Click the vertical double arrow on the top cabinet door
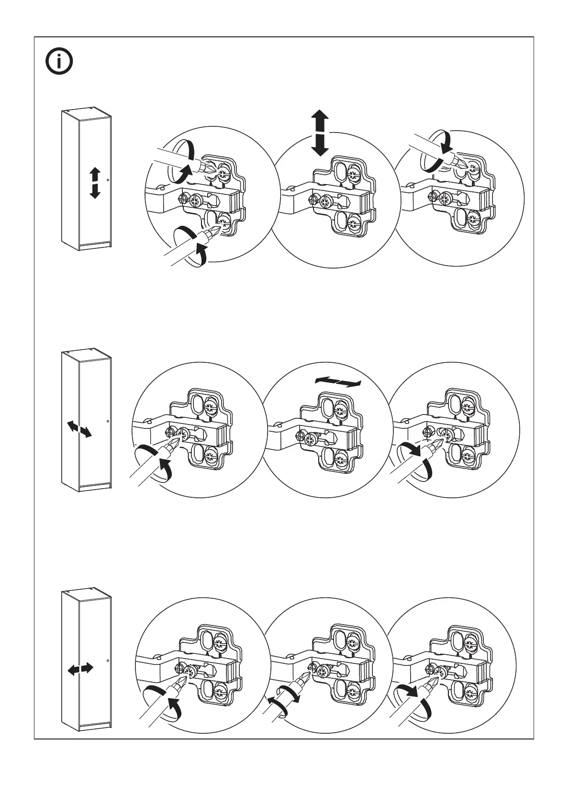pyautogui.click(x=95, y=183)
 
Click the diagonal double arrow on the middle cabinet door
pyautogui.click(x=79, y=428)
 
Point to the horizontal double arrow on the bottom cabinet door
pyautogui.click(x=80, y=669)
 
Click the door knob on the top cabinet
pyautogui.click(x=108, y=180)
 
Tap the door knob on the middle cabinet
pyautogui.click(x=108, y=421)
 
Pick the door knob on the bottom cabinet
pyautogui.click(x=108, y=661)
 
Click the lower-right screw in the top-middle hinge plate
pyautogui.click(x=354, y=222)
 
